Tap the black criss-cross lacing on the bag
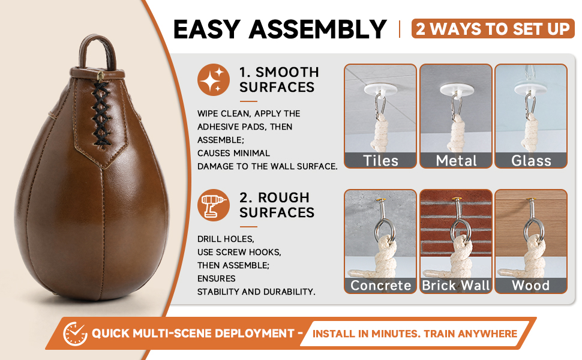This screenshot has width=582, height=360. click(101, 113)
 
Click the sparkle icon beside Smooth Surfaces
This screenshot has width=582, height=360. click(214, 80)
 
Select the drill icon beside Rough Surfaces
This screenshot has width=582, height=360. click(214, 205)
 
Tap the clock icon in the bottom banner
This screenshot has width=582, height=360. click(75, 334)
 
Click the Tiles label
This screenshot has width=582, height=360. click(380, 161)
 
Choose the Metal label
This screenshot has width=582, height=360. click(456, 161)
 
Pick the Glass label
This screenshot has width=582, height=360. click(531, 161)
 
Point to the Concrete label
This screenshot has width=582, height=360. click(381, 286)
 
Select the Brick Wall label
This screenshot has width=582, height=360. click(456, 286)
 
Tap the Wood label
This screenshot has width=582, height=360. click(531, 286)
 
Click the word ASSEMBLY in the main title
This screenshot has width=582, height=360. click(318, 29)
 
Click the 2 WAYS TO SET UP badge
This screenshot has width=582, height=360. click(493, 29)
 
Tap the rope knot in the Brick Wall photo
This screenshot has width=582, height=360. click(458, 256)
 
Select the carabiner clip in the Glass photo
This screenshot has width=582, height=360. click(529, 105)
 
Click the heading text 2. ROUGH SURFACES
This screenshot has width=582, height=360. click(277, 205)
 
